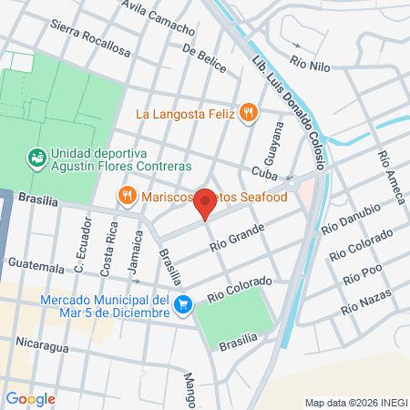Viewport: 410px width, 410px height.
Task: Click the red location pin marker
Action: click(x=205, y=204)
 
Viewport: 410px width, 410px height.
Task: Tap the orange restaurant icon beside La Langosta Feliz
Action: click(x=249, y=114)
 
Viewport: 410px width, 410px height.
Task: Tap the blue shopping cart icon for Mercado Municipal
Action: click(x=184, y=304)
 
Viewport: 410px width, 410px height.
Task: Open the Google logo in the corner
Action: click(x=30, y=398)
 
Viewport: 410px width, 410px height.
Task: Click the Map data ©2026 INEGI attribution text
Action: click(x=354, y=403)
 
